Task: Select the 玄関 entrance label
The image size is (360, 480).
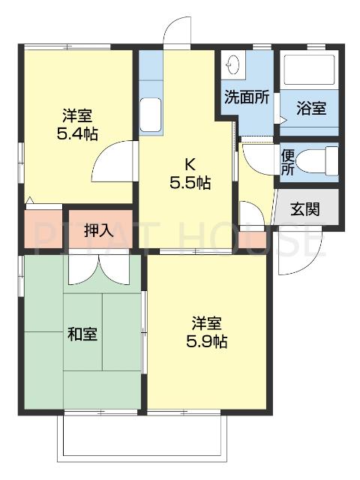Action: (x=304, y=208)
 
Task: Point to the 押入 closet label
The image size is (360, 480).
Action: (x=98, y=229)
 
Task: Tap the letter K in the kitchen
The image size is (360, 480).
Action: (x=191, y=164)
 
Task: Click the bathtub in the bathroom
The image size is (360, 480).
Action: (x=308, y=71)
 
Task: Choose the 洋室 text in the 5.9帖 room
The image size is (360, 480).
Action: (x=206, y=324)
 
